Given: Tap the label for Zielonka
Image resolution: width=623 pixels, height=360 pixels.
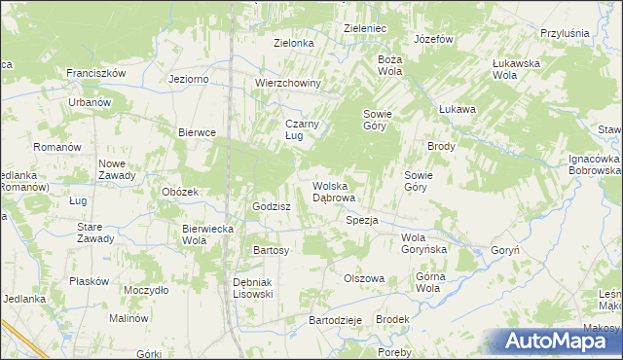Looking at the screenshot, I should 293,43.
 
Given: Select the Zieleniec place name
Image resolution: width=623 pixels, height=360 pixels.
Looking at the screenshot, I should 365,29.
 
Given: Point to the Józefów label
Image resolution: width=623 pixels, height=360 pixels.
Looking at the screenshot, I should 434,39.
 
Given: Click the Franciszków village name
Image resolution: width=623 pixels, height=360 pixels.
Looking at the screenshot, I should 97,73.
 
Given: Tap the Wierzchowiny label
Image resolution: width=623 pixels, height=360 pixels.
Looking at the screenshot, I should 288,83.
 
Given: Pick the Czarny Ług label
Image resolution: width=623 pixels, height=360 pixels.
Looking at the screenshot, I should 302,129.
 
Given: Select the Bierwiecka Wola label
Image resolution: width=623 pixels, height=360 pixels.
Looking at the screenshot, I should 207,234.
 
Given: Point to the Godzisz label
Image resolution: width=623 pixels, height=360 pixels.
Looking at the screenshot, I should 272,206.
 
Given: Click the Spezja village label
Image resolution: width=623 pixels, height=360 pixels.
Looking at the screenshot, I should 361,220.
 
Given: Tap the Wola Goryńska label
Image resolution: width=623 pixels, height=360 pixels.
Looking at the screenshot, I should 423,243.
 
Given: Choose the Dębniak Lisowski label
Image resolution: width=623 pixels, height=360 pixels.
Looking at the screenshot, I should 252,288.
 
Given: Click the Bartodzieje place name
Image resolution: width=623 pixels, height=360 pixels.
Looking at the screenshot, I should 335,320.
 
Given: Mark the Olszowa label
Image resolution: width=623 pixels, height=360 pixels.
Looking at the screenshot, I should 364,278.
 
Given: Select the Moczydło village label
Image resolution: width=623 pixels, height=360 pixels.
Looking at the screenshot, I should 147,290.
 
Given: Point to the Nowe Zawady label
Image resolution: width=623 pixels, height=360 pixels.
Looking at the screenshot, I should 117,169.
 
